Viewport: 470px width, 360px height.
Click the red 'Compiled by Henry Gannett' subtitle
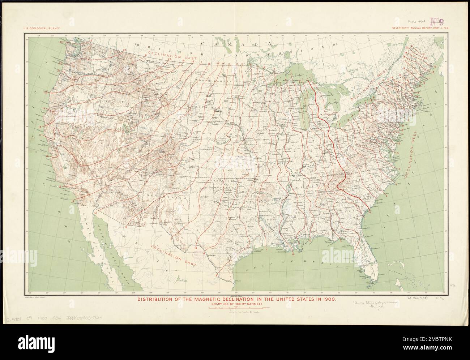click(x=235, y=304)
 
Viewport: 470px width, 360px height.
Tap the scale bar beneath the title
click(x=235, y=308)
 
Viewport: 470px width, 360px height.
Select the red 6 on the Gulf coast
click(x=293, y=254)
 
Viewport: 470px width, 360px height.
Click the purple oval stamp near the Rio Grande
click(x=199, y=253)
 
